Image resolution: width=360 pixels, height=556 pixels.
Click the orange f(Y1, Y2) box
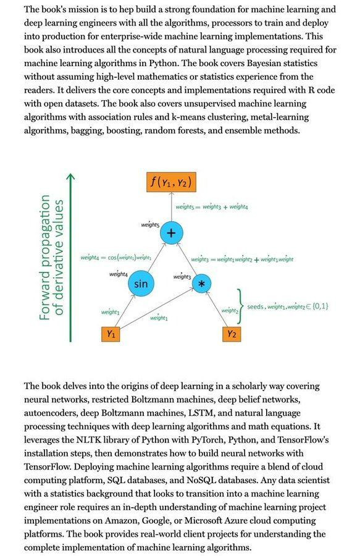coord(171,182)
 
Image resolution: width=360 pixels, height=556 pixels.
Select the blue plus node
coord(171,233)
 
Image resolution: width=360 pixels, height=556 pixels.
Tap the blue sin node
coord(141,284)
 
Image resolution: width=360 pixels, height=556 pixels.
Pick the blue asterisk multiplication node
coord(202,284)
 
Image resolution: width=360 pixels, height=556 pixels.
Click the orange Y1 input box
coord(111,334)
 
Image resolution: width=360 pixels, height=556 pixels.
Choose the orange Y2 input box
coord(232,334)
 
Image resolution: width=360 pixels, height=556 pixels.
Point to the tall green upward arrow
coord(71,258)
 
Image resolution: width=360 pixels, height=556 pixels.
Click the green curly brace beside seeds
coord(240,306)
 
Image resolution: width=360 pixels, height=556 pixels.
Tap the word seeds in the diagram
coord(256,306)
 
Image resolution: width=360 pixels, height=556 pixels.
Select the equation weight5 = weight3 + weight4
coord(212,207)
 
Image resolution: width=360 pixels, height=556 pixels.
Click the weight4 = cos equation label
coord(116,258)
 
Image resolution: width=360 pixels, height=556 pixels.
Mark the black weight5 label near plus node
coord(150,225)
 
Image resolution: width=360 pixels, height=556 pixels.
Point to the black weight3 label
coord(182,277)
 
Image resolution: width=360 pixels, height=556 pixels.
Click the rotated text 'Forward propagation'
coord(45,258)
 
